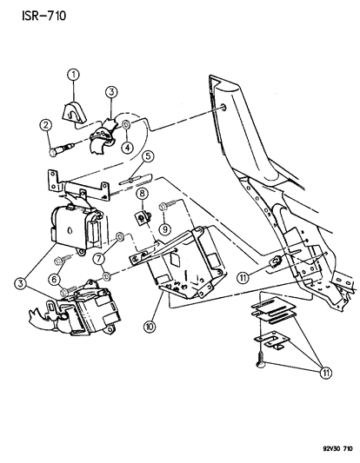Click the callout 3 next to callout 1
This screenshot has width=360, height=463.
[112, 91]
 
